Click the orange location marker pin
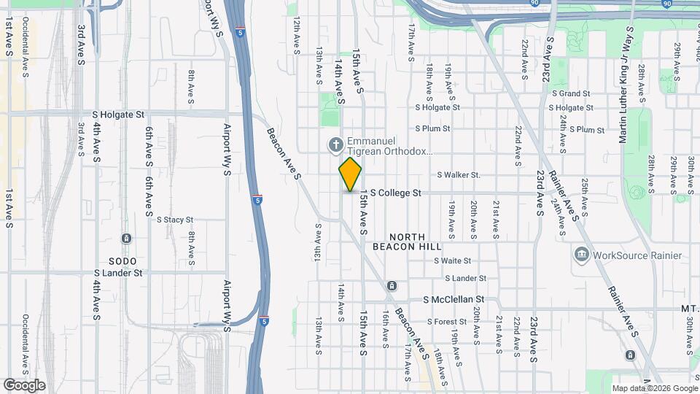[351, 174]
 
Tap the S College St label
[396, 193]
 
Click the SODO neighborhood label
[122, 260]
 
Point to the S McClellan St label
[454, 300]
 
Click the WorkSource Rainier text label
[637, 255]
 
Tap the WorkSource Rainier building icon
[582, 255]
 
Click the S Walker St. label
[459, 175]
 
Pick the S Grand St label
[571, 94]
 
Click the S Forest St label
[447, 322]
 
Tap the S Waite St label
[453, 260]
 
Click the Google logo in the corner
[24, 385]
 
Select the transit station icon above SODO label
[126, 239]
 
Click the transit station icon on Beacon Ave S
[392, 285]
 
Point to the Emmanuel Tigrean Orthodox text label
[389, 147]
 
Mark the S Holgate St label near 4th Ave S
[120, 115]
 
